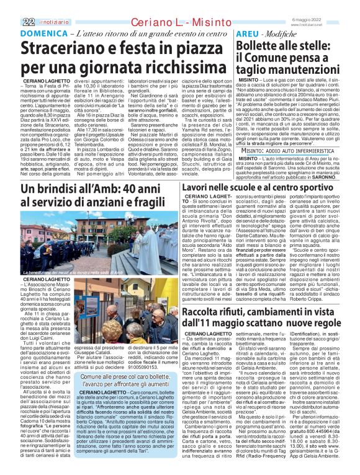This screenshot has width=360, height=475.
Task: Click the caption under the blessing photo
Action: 75,273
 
